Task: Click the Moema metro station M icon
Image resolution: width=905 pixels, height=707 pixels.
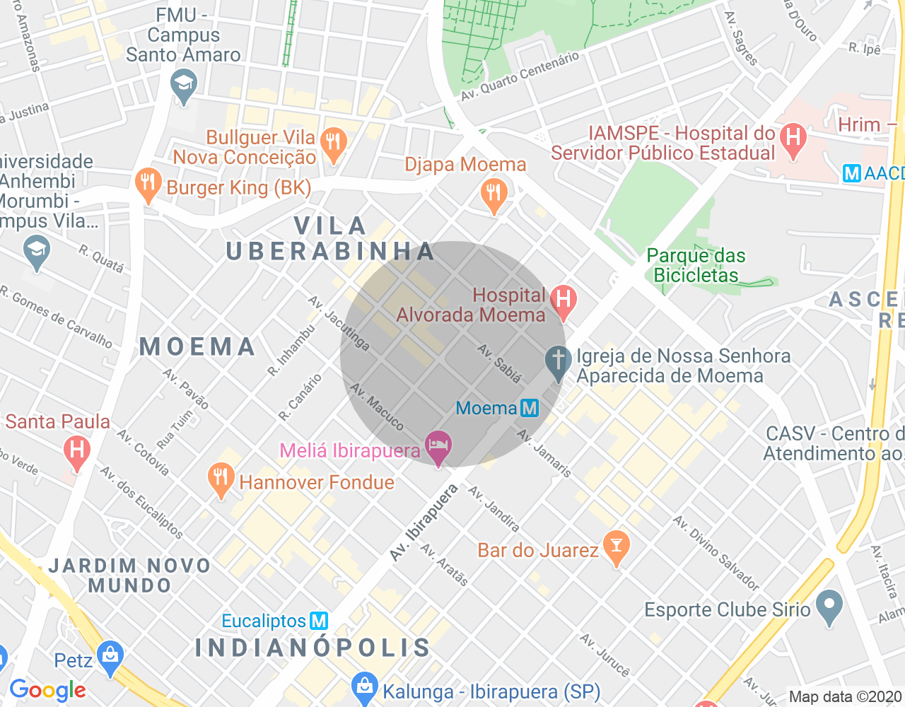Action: coord(529,408)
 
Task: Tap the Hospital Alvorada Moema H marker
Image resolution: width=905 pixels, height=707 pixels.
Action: coord(563,300)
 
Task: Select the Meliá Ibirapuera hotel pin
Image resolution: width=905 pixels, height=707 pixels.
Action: coord(438,448)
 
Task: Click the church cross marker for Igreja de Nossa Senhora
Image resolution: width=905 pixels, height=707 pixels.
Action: coord(558,361)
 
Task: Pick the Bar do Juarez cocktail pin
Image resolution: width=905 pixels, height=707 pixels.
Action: coord(617,547)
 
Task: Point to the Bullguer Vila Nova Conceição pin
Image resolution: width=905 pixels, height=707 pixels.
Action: coord(333,143)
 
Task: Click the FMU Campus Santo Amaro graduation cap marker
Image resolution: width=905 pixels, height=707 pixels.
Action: coord(184,85)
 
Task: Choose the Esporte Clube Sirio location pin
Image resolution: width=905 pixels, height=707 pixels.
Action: coord(829,606)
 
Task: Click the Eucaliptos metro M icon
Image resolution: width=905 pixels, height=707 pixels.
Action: coord(319,621)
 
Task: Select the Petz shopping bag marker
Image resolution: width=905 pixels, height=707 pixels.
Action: coord(110,656)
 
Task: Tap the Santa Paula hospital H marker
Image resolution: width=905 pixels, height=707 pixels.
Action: coord(76,450)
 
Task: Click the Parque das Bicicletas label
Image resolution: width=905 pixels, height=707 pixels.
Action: coord(696,266)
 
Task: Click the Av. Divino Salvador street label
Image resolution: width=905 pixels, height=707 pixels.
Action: coord(716,554)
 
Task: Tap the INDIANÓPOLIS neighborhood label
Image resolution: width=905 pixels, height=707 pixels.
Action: coord(313,648)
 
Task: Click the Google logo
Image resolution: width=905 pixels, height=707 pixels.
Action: coord(47,691)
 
